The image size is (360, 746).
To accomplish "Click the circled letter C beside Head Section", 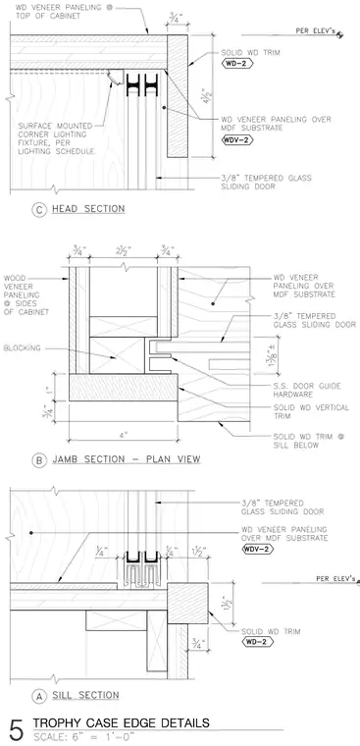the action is (39, 210).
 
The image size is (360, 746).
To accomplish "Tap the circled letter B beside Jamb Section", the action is (39, 460).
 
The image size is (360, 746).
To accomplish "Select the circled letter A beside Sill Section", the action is (39, 696).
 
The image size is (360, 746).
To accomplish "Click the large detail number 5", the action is (16, 731).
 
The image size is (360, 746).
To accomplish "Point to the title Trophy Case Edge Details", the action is (121, 723).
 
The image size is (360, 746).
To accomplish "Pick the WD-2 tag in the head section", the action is (235, 63).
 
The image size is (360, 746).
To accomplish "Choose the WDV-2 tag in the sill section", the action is (258, 549).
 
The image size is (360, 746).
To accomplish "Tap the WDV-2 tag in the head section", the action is (237, 139).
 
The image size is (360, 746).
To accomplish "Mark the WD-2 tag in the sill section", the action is (257, 642).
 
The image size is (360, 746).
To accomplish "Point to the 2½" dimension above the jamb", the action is (124, 249).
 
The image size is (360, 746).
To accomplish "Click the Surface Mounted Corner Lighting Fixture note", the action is (55, 138).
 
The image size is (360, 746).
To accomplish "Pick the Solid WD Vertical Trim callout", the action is (311, 412).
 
